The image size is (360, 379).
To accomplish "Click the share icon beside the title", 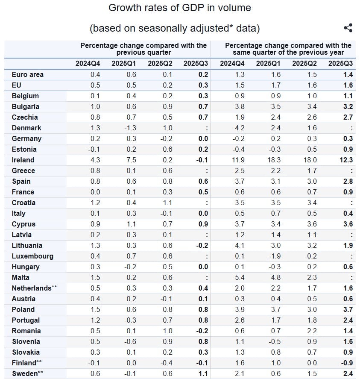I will click(348, 28).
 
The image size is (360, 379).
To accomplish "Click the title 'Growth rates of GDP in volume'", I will click(180, 8).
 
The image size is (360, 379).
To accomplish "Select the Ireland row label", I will click(23, 160).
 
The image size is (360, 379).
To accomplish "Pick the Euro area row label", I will click(28, 74).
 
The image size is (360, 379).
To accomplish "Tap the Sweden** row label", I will click(28, 373).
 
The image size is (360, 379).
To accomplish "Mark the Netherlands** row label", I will click(34, 288).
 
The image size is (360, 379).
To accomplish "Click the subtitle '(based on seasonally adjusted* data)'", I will click(174, 28).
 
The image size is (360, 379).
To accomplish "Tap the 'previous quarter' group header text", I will click(143, 49).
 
